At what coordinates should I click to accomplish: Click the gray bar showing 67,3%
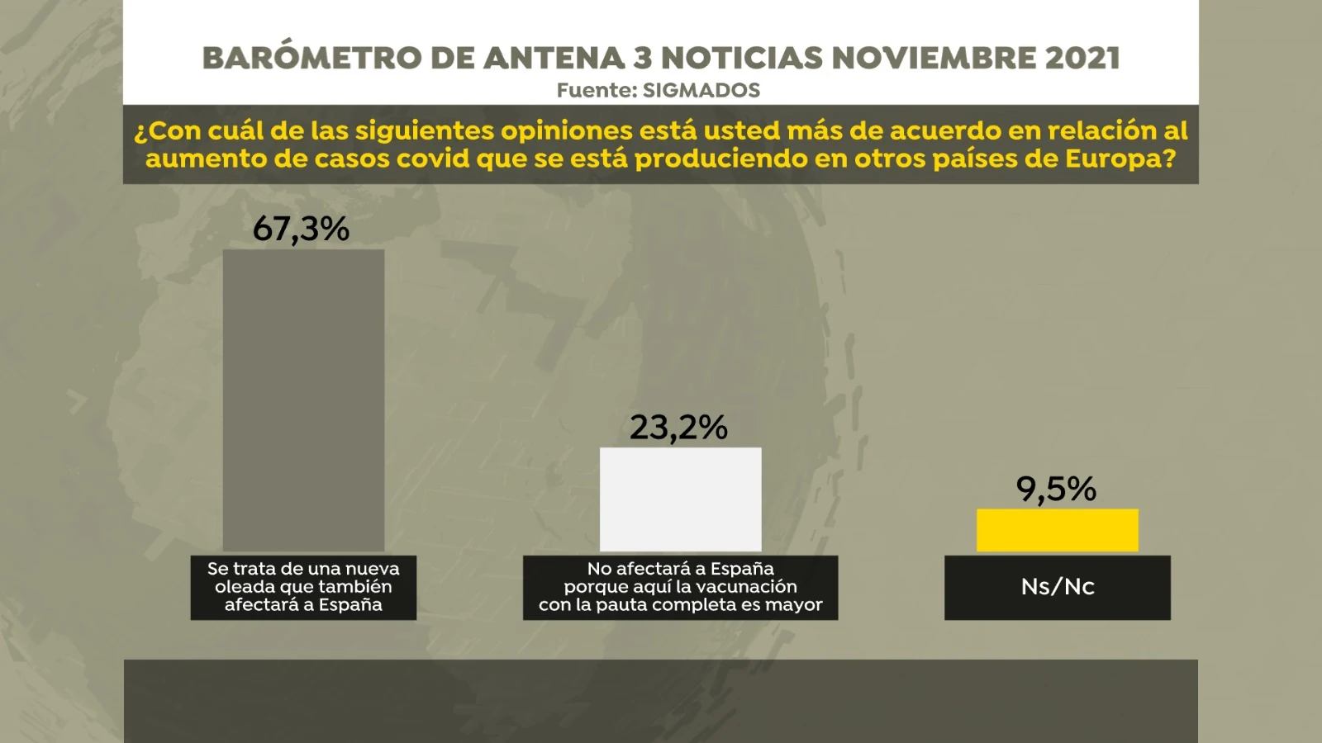[303, 400]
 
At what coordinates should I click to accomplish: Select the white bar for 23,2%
[681, 499]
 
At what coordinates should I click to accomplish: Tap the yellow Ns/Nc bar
[1058, 530]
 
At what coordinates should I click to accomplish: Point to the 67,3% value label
[301, 229]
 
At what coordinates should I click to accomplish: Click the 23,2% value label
[678, 427]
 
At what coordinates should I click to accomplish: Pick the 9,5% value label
[1056, 489]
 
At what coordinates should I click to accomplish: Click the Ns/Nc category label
[1058, 587]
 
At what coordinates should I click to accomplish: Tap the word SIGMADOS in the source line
[701, 90]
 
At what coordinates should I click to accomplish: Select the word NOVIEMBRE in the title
[934, 58]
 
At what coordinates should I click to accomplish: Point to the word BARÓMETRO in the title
[312, 57]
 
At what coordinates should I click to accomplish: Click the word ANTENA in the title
[554, 58]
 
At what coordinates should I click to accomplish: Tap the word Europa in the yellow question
[1120, 159]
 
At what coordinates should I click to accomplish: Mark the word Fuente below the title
[597, 90]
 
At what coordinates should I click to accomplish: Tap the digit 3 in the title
[643, 58]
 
